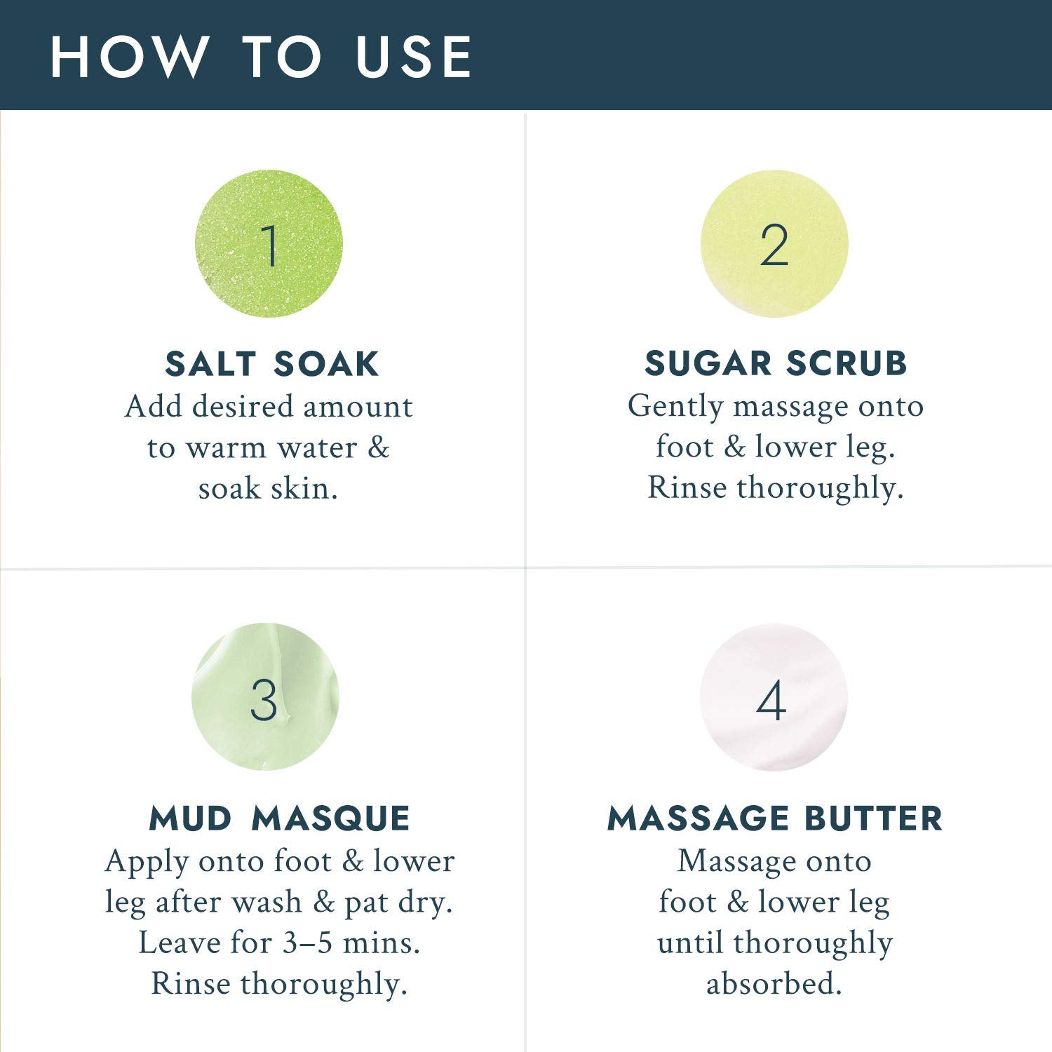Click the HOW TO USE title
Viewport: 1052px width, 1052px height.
click(x=261, y=56)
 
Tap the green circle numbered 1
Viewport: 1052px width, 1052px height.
click(x=269, y=243)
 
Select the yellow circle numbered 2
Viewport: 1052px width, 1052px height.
click(x=774, y=243)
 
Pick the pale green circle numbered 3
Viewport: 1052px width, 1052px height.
click(x=265, y=697)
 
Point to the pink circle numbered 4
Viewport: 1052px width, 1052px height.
click(x=774, y=697)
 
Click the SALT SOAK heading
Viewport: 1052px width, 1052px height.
click(x=272, y=364)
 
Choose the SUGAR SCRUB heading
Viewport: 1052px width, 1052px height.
click(x=776, y=363)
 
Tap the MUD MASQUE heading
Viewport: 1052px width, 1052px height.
click(x=280, y=818)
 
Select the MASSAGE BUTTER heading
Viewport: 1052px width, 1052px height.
click(x=775, y=818)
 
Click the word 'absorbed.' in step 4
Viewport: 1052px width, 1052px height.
click(x=774, y=983)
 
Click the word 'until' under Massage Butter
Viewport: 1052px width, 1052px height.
click(x=691, y=943)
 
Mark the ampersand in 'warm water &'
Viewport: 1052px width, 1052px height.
click(x=379, y=448)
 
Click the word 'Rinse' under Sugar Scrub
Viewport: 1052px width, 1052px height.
click(x=687, y=487)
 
